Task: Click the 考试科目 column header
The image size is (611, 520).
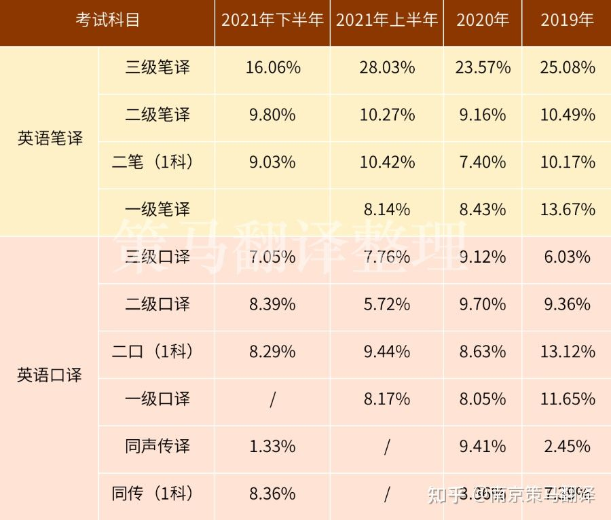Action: point(107,20)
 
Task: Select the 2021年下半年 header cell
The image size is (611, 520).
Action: point(272,20)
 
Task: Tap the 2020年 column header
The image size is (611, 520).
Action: point(483,20)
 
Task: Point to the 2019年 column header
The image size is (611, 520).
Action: point(567,20)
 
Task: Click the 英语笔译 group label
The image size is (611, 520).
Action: point(50,138)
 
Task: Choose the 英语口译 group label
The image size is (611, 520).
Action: point(50,375)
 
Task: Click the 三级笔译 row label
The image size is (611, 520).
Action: point(158,67)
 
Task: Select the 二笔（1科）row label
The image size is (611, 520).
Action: point(153,162)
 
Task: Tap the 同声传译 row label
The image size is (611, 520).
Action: point(158,446)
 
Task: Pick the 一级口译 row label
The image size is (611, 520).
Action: point(158,398)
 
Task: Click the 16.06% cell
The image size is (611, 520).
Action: point(272,67)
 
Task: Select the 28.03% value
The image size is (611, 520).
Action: point(387,67)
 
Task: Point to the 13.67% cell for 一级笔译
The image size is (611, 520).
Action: point(568,210)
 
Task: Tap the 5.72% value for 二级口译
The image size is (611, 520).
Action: point(387,304)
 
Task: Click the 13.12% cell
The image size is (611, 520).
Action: point(568,352)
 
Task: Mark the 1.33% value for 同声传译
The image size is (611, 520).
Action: point(272,446)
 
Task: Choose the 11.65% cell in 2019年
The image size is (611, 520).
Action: point(568,398)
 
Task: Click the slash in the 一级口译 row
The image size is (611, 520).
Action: point(272,399)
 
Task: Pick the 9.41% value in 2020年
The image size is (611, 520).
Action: point(483,446)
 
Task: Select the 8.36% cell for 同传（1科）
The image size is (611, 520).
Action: point(272,494)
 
